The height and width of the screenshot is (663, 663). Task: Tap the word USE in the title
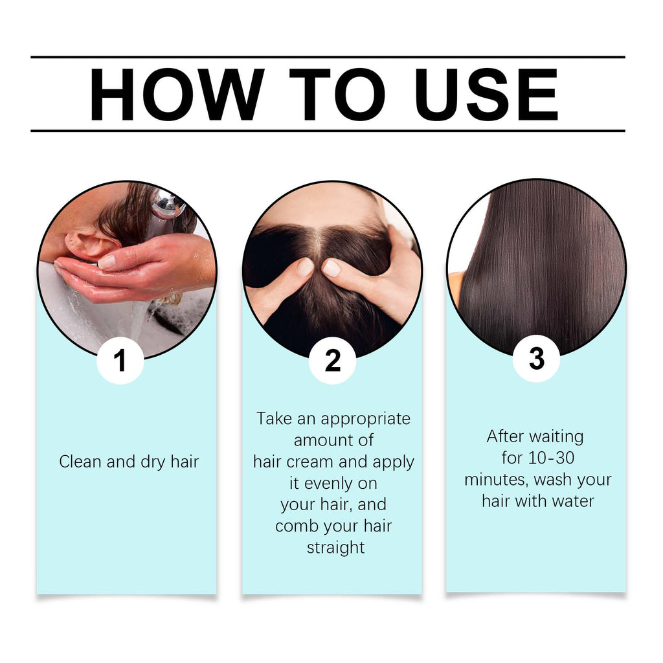coord(487,95)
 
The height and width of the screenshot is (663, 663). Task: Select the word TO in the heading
coord(337,95)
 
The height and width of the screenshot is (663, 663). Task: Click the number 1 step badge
coord(120,361)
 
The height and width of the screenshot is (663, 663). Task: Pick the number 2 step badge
coord(332,361)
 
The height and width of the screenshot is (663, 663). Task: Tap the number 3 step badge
coord(536,359)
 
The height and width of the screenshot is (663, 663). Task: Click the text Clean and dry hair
coord(129,462)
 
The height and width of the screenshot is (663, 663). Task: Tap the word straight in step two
coord(335,547)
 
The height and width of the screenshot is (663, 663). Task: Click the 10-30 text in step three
coord(551,458)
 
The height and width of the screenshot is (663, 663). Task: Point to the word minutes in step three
coord(496,480)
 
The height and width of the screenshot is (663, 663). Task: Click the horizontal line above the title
coord(328,58)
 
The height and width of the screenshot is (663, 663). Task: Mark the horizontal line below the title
coord(328,131)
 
